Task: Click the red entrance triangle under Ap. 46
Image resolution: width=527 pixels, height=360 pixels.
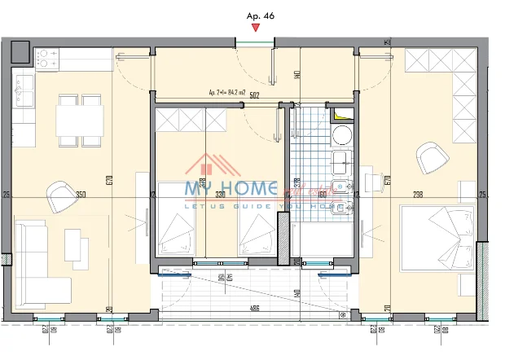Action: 256,29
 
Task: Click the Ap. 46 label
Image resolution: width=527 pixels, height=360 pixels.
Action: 257,15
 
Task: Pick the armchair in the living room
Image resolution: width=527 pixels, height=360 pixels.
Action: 62,195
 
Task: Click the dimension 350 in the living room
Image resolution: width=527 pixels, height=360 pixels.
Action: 81,195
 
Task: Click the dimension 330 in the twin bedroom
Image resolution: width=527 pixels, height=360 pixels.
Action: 220,195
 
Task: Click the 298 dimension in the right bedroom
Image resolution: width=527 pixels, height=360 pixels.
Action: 418,195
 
